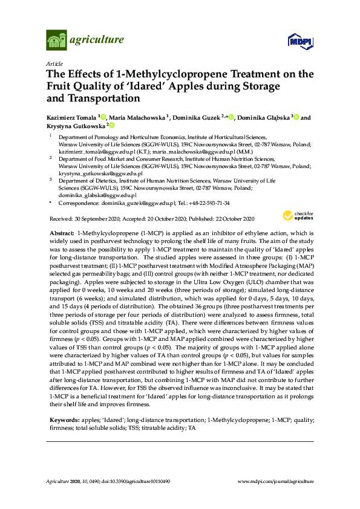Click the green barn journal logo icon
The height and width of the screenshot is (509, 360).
pos(56,41)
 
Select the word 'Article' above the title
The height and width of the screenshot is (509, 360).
pos(54,63)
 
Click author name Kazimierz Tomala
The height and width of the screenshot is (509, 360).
pos(71,117)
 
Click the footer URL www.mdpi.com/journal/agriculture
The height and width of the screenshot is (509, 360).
pos(277,481)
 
